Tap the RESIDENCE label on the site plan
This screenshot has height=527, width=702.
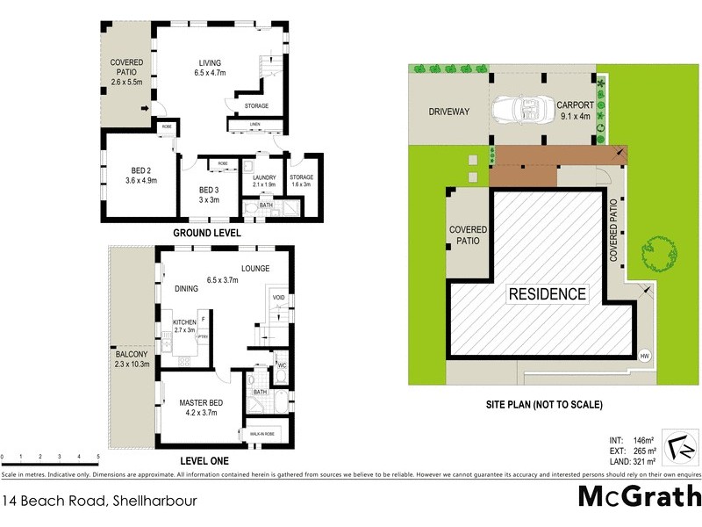coord(546,294)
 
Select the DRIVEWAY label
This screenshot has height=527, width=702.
coord(449,112)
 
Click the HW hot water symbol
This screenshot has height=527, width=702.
coord(645,356)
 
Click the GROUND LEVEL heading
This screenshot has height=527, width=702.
coord(208,233)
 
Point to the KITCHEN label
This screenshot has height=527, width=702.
coord(184,323)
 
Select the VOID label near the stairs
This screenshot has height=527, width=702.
coord(278,298)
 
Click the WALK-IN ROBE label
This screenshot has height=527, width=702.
coord(267,434)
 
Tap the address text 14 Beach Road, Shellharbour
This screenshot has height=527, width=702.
coord(98,502)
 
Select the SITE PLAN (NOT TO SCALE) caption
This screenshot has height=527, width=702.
coord(544,405)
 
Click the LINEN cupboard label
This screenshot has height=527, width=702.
coord(254,125)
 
